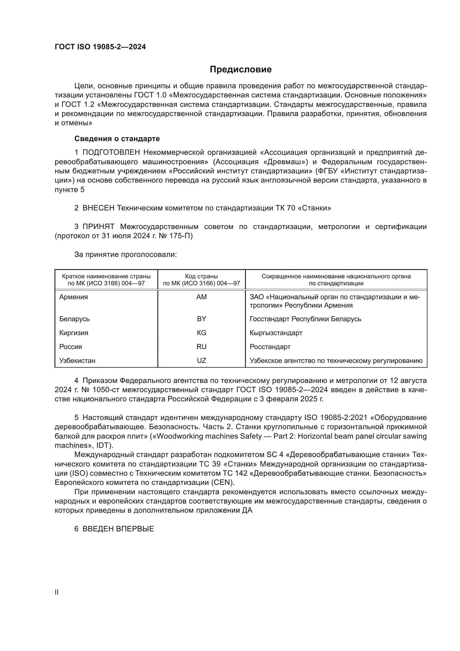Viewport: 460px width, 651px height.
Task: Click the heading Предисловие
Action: (x=241, y=70)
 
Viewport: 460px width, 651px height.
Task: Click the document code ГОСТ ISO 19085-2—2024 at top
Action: (x=100, y=47)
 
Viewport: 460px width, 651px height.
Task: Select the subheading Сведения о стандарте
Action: (x=117, y=139)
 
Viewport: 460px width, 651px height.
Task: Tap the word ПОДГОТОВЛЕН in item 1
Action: (x=111, y=153)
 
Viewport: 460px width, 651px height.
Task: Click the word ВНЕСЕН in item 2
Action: (x=98, y=208)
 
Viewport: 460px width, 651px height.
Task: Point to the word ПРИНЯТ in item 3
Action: (x=98, y=227)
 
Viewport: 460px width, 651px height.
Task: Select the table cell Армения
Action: (x=74, y=297)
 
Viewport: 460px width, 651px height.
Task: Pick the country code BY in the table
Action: (x=201, y=319)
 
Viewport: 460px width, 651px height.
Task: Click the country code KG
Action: (x=201, y=333)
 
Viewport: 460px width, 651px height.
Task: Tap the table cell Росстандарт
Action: (x=270, y=347)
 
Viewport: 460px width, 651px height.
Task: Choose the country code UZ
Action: (x=201, y=361)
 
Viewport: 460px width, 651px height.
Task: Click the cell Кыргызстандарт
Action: (x=276, y=333)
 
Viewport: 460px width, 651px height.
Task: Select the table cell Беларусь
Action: (x=75, y=319)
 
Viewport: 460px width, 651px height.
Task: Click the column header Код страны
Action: (x=201, y=276)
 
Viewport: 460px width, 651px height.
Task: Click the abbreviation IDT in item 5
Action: (x=103, y=445)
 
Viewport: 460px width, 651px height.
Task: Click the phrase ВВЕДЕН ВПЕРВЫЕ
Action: (x=118, y=529)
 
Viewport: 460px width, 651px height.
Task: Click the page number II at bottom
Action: (x=57, y=592)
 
